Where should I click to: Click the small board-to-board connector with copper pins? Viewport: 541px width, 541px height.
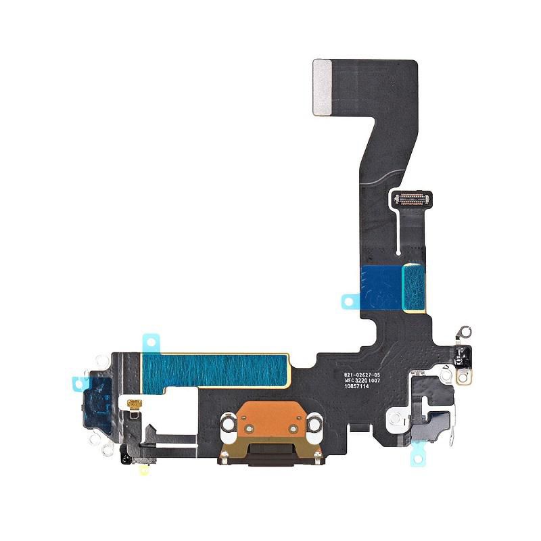pos(413,198)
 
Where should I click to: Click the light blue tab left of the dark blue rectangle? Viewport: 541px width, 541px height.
pos(350,300)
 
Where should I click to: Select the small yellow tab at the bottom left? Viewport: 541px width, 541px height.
pos(144,468)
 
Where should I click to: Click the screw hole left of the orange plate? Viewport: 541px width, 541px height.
pos(227,425)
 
